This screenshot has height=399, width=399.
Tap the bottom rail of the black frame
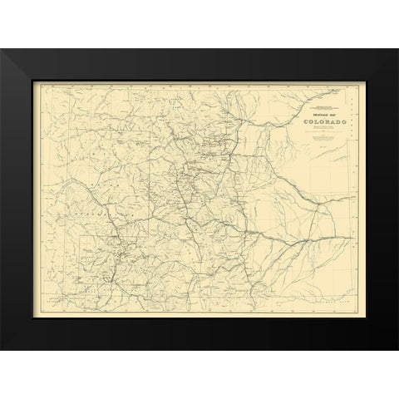[x=199, y=336]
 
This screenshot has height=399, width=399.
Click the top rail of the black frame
[x=199, y=62]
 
